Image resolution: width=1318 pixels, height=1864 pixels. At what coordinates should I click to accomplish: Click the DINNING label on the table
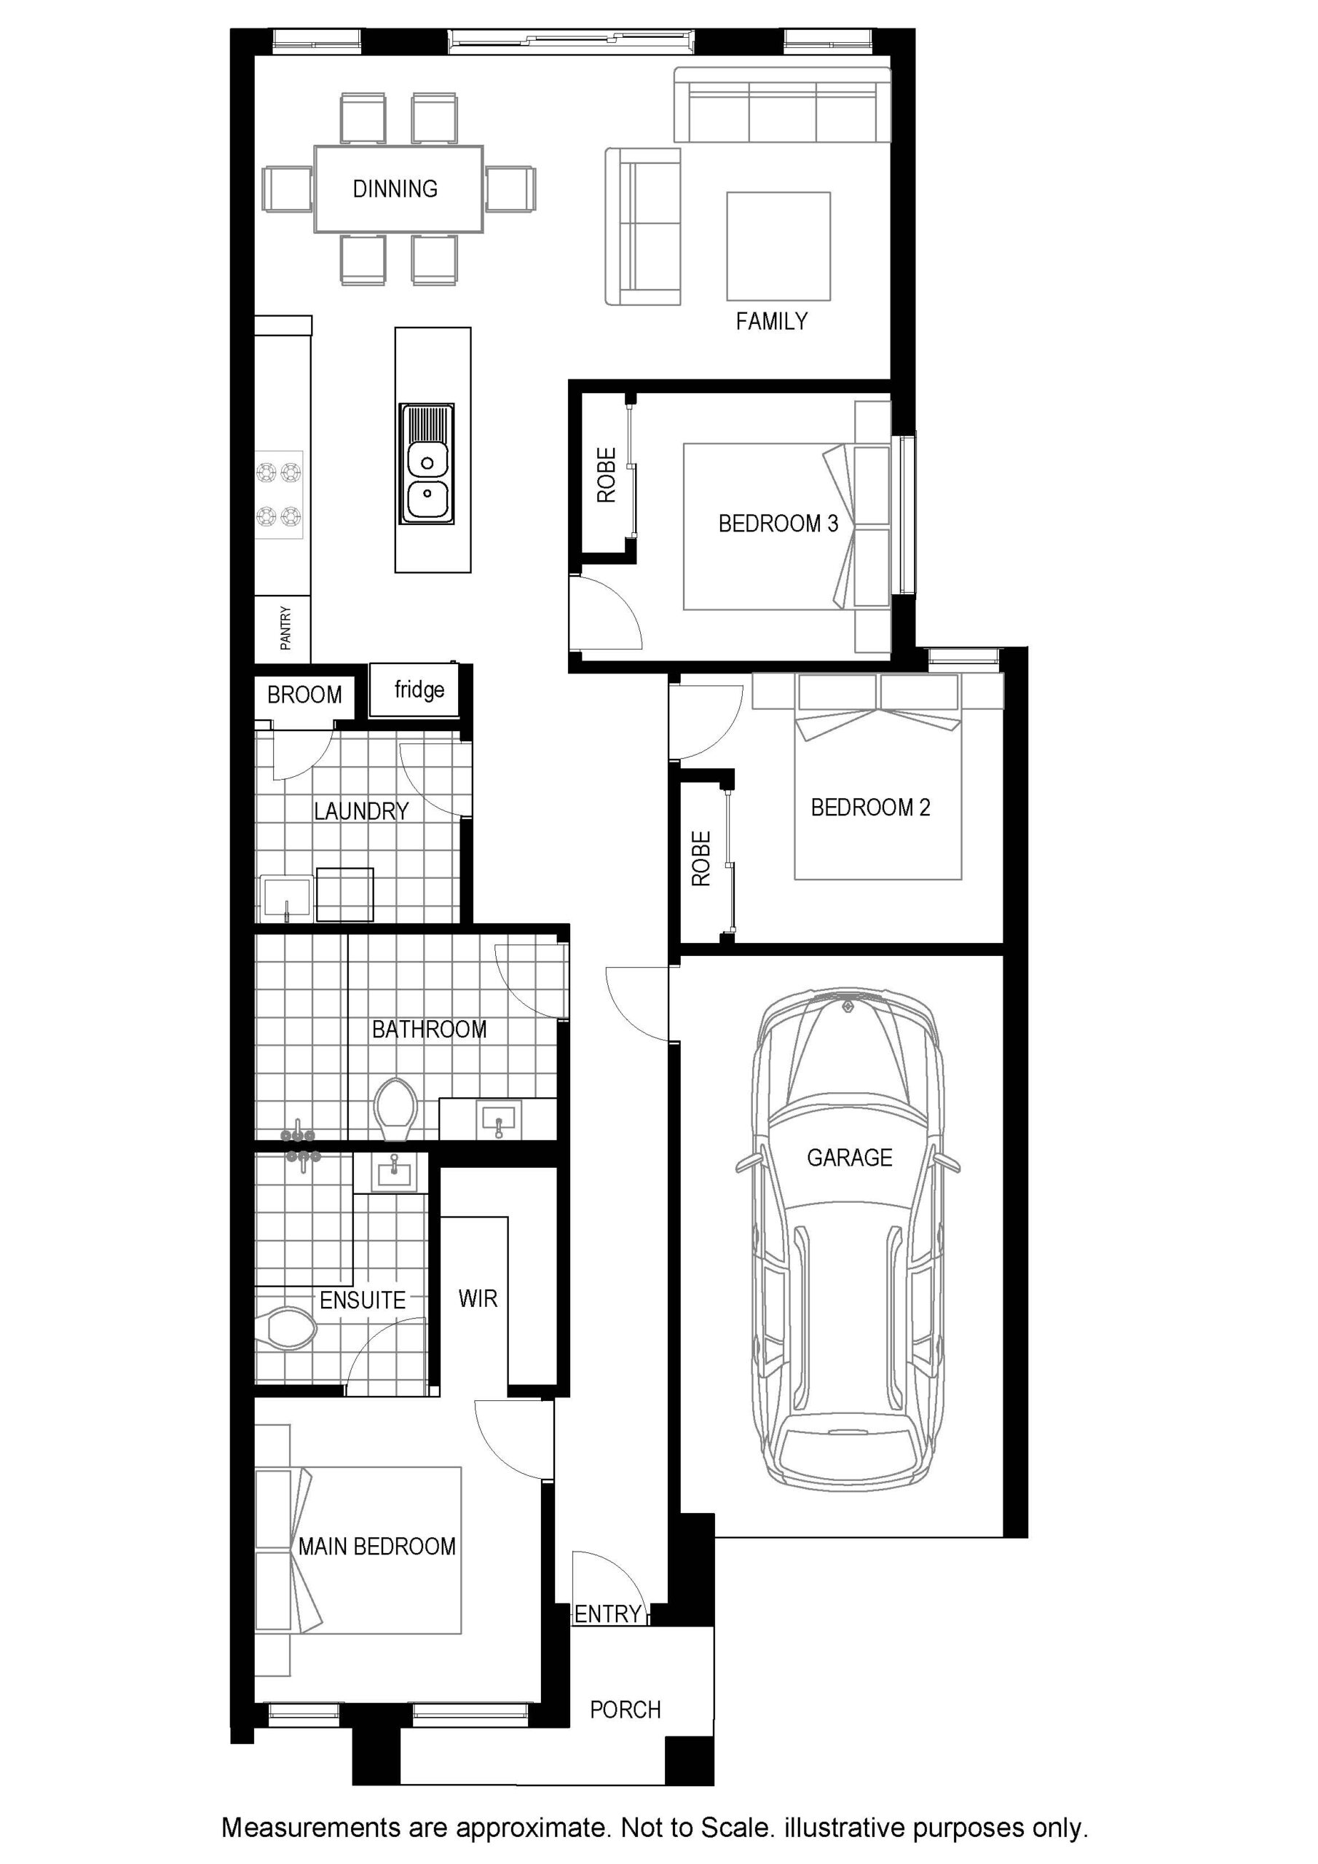[x=395, y=189]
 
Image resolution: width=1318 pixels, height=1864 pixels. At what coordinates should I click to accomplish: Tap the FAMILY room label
[x=771, y=323]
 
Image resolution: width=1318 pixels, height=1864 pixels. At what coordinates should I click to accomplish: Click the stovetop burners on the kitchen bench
[x=280, y=494]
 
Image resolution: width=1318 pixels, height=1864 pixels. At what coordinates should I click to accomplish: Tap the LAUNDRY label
[x=361, y=811]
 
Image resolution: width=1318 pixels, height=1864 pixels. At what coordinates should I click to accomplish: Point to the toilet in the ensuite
[x=286, y=1329]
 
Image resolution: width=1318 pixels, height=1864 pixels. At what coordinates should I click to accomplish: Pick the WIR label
[x=478, y=1299]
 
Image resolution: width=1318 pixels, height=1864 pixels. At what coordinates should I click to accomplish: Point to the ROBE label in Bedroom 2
[x=701, y=858]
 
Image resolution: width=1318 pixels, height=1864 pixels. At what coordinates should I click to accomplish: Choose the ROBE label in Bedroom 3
[x=607, y=475]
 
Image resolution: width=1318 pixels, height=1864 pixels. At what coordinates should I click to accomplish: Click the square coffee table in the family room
[x=778, y=246]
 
